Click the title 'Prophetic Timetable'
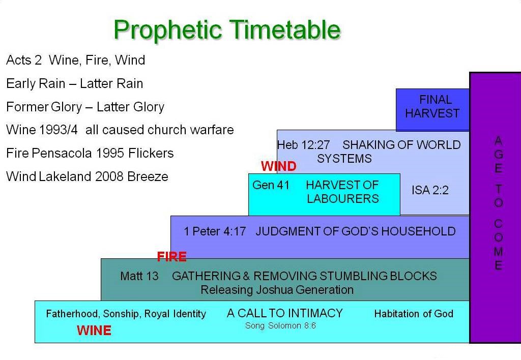click(x=227, y=29)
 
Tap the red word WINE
click(x=94, y=331)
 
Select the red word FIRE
click(x=171, y=257)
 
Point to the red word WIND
click(x=278, y=166)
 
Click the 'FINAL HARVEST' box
click(x=432, y=107)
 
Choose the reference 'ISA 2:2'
click(x=430, y=191)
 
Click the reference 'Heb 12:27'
click(x=303, y=145)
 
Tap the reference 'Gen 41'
click(x=271, y=185)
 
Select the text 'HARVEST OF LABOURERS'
click(x=342, y=192)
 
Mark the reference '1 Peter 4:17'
click(x=215, y=231)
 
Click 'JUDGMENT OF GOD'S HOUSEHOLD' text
click(x=355, y=231)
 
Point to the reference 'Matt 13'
click(x=139, y=276)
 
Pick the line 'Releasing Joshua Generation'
click(x=277, y=290)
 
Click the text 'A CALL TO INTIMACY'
click(x=285, y=313)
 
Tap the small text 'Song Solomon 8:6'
click(x=280, y=325)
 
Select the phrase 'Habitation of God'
click(x=414, y=314)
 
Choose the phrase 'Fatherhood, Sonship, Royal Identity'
click(x=126, y=314)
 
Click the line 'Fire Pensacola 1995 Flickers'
click(x=90, y=153)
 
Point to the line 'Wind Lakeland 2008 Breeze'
click(x=87, y=176)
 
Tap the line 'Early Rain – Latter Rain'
click(x=74, y=83)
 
